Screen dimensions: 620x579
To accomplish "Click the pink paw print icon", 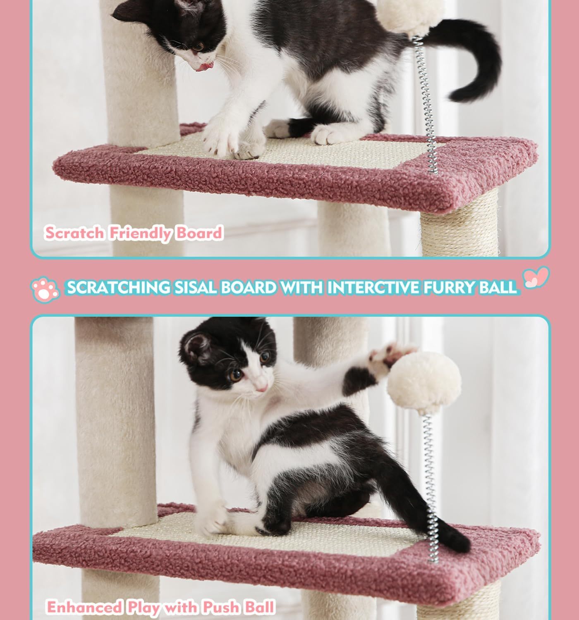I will pyautogui.click(x=45, y=289).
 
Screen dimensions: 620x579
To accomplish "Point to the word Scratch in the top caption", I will pyautogui.click(x=74, y=233).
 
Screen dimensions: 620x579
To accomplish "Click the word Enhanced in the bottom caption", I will pyautogui.click(x=84, y=607).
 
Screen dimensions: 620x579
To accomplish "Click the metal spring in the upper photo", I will pyautogui.click(x=426, y=103).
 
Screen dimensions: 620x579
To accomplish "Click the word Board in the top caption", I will pyautogui.click(x=199, y=233).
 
